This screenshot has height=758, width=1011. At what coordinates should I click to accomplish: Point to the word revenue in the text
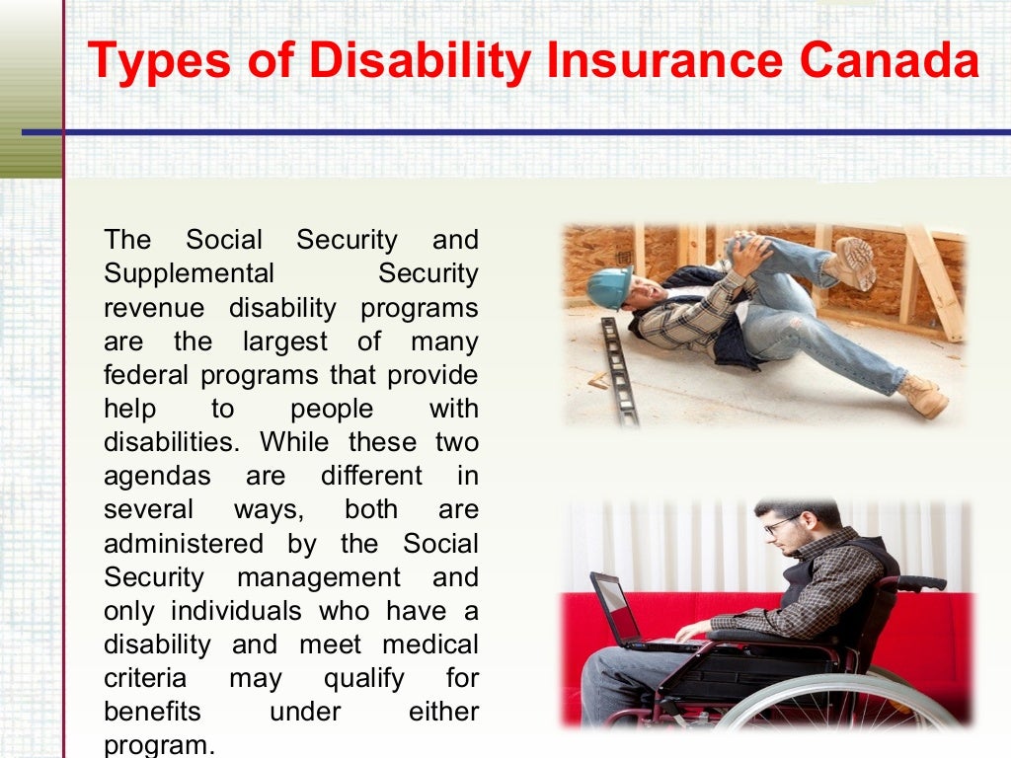pyautogui.click(x=154, y=307)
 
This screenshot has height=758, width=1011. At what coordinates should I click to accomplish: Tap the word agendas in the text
pyautogui.click(x=157, y=476)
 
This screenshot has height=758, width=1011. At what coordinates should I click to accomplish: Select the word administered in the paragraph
pyautogui.click(x=184, y=543)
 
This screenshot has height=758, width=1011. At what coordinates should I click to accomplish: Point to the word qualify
pyautogui.click(x=364, y=678)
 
